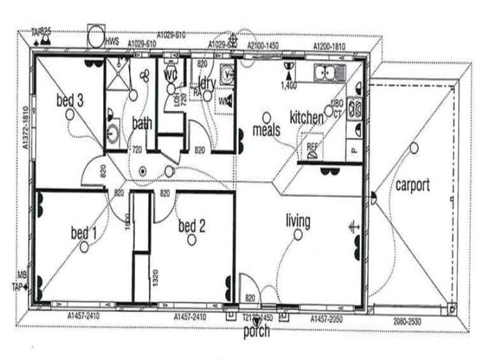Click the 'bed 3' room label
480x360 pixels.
point(70,99)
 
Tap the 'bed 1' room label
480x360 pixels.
point(83,232)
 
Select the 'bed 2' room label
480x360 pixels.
point(192,226)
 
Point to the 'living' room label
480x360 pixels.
point(298,221)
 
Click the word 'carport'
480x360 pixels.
point(412,185)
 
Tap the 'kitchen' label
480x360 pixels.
point(307,118)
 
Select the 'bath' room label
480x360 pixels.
point(142,124)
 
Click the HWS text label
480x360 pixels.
point(112,42)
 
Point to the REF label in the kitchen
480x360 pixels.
point(312,146)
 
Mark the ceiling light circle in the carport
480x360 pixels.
point(413,148)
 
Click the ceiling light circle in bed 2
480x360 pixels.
point(192,240)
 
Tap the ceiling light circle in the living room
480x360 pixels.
point(298,235)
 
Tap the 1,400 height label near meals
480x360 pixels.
point(289,86)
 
